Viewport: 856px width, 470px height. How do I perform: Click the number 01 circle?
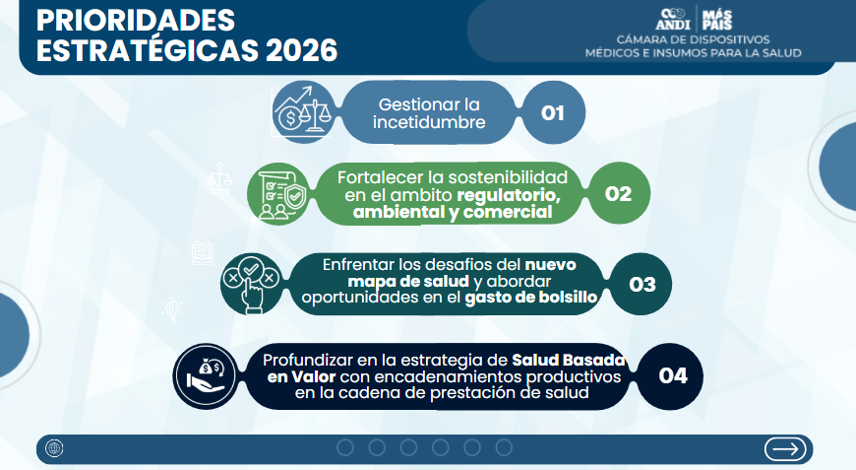click(553, 112)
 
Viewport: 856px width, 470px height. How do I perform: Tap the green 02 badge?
click(619, 193)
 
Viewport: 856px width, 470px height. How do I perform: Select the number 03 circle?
click(641, 284)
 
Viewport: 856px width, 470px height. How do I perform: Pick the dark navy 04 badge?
click(672, 376)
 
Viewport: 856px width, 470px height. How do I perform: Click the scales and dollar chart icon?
click(303, 112)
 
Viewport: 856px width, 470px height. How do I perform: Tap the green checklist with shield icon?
click(277, 194)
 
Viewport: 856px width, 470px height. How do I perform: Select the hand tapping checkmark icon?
click(252, 284)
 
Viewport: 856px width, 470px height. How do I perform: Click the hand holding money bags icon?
click(206, 376)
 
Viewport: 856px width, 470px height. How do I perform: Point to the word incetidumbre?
click(429, 122)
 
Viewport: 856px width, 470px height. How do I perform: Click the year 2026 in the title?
click(301, 50)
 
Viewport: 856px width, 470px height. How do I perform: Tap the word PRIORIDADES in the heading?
click(136, 21)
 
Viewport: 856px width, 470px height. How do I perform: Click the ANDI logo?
click(673, 19)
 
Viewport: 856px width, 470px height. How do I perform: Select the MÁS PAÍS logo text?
click(717, 20)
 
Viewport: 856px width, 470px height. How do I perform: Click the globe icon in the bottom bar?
click(54, 448)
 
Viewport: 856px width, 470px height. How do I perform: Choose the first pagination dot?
click(345, 447)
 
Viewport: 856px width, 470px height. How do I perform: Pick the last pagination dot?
click(504, 447)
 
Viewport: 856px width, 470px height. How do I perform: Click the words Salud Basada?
click(569, 361)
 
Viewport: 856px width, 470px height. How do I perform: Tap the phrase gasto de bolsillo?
click(530, 298)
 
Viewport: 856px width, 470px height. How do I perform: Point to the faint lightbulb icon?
click(172, 310)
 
